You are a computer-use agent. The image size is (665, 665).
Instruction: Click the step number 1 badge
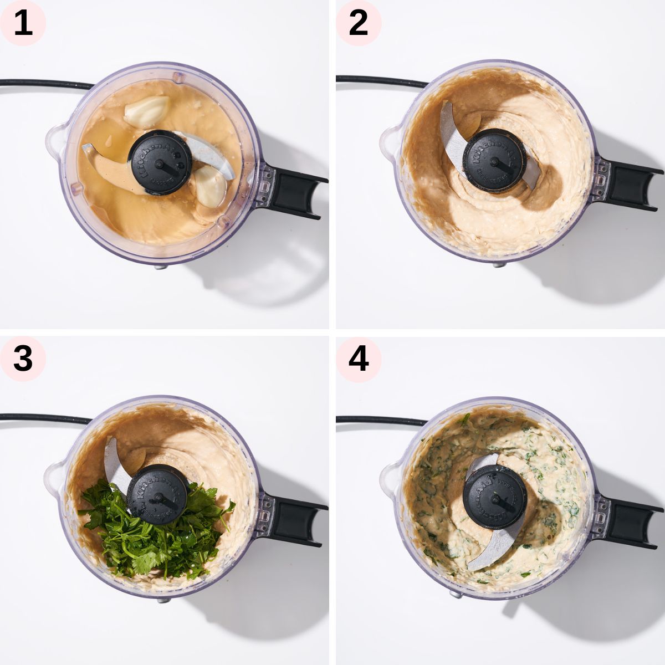pos(23,23)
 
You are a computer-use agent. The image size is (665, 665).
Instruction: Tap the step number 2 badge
pos(359,23)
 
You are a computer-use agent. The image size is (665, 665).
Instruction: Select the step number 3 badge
pos(23,359)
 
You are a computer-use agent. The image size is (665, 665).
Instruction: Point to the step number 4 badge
pos(359,359)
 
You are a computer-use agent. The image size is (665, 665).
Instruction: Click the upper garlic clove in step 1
pos(146,111)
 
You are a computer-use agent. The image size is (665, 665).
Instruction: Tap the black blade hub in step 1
pos(160,162)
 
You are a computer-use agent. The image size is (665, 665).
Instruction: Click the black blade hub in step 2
pos(494,161)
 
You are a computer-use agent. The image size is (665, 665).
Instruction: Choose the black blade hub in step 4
pos(494,496)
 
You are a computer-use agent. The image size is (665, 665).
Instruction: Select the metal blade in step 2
pos(452,133)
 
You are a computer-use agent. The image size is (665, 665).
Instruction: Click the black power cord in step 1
pos(44,84)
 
